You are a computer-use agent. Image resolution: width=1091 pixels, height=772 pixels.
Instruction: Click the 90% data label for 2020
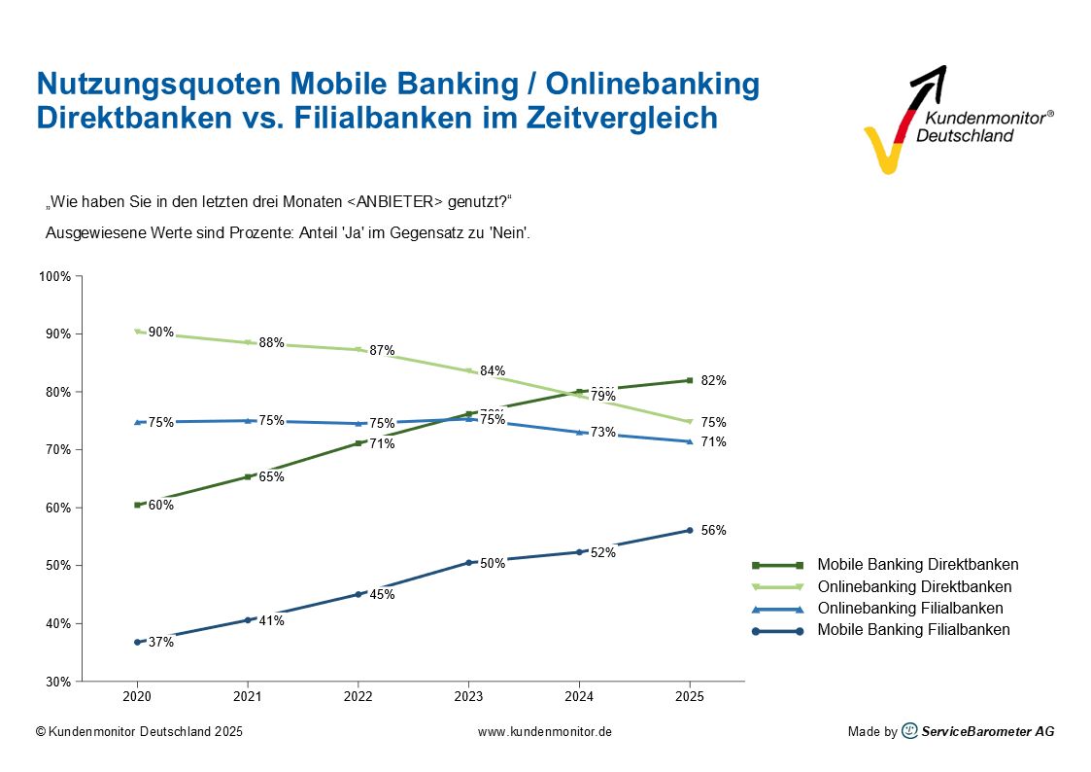161,333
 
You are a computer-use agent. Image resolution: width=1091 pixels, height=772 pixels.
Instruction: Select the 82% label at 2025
714,380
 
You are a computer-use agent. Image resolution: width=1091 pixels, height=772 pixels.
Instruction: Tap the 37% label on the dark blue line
161,642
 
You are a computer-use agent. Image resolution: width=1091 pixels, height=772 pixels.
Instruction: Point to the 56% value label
714,530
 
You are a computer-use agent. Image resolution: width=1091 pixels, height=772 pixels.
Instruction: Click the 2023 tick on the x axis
468,697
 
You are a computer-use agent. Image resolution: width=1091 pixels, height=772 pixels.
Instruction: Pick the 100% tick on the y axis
55,276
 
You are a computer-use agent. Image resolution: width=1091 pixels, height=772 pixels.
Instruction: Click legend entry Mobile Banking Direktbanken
917,565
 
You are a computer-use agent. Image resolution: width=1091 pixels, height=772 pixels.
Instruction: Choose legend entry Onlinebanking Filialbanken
909,609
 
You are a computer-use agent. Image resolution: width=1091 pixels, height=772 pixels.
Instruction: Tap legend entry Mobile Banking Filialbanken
913,630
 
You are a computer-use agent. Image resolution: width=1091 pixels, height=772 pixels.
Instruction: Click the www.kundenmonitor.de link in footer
545,731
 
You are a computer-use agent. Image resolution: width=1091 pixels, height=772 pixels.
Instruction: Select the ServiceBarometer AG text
987,731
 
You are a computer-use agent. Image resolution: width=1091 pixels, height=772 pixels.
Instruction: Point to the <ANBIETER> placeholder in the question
395,201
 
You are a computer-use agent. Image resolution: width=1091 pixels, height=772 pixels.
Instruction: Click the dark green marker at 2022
358,443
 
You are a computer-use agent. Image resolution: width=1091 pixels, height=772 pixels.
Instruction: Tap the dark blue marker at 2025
689,530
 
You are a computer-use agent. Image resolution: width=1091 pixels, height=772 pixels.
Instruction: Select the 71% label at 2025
714,441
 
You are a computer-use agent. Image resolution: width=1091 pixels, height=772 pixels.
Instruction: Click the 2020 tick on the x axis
137,697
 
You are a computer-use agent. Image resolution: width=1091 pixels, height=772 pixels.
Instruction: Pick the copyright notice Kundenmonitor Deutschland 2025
139,731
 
